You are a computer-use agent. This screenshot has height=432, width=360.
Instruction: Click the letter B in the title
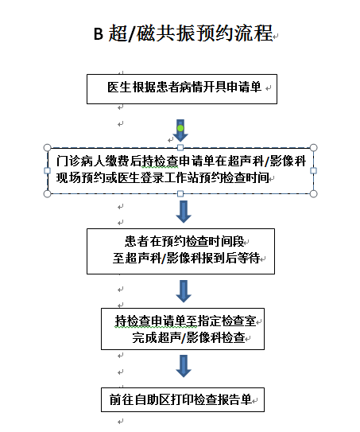99,33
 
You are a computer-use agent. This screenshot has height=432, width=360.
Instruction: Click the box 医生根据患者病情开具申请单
182,89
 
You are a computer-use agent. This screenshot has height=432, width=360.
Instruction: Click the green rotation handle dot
180,128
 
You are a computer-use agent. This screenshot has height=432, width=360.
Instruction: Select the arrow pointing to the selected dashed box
180,130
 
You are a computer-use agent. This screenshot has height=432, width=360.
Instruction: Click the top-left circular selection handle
48,148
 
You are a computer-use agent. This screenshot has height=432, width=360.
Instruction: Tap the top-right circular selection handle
313,148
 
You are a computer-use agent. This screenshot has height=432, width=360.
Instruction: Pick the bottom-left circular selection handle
48,194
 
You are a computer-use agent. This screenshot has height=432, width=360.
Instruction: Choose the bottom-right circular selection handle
313,194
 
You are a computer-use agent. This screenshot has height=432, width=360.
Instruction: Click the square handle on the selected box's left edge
48,171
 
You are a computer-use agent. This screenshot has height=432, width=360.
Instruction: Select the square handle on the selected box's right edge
313,171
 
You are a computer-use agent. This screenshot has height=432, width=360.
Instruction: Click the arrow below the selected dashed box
184,212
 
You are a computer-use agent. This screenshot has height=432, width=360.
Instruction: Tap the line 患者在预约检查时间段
184,242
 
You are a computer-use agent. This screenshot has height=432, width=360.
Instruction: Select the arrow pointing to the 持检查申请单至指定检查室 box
184,291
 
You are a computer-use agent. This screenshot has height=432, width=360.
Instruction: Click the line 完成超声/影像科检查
188,337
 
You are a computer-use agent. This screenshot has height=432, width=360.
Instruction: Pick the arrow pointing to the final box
184,366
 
